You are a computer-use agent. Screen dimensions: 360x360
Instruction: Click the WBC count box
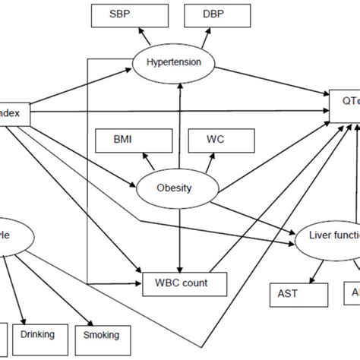[x=185, y=284]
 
